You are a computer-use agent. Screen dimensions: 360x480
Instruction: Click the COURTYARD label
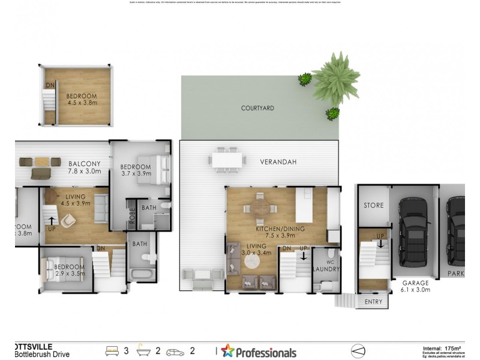257,109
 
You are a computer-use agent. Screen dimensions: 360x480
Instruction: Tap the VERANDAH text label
278,162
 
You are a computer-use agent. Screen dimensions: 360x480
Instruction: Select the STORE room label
373,206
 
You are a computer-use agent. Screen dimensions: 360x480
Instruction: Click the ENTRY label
373,302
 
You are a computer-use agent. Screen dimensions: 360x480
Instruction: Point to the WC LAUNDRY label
327,266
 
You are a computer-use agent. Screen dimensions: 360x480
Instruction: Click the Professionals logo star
227,351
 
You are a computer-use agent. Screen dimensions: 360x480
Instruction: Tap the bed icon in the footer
112,350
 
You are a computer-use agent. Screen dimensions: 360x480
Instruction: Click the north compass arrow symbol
357,350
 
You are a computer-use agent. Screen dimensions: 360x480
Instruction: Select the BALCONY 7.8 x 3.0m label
83,167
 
